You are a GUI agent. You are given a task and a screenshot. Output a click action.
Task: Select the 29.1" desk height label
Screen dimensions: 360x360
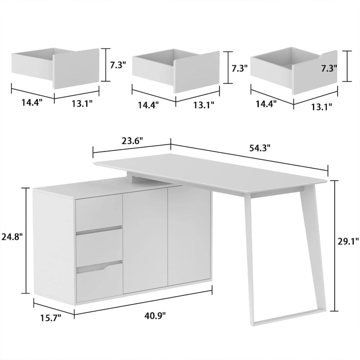[348, 242]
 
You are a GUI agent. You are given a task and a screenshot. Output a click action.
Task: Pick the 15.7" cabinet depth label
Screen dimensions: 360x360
[49, 318]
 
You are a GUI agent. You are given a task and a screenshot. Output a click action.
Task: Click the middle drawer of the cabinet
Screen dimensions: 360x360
[99, 245]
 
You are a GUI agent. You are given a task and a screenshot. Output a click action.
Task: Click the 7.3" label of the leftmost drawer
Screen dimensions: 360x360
[118, 65]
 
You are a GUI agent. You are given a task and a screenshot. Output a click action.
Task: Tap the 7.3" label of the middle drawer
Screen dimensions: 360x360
[239, 68]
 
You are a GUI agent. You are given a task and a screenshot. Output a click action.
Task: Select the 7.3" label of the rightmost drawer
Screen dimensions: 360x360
[329, 68]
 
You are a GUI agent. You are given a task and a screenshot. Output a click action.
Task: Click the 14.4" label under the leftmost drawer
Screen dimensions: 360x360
[31, 102]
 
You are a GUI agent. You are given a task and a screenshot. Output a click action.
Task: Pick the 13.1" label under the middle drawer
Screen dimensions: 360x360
[203, 105]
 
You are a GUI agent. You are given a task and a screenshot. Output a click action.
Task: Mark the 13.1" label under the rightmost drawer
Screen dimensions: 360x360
[321, 106]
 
